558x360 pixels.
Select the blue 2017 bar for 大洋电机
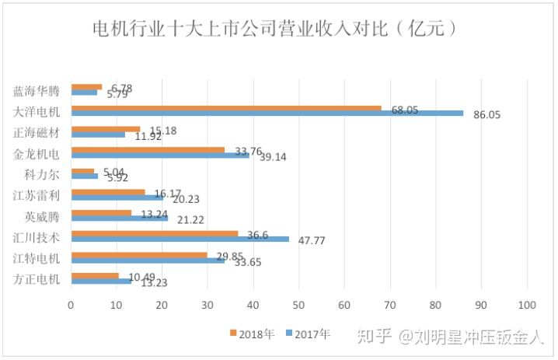click(267, 114)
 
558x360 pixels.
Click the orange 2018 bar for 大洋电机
click(225, 108)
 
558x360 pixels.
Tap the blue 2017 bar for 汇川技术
click(180, 239)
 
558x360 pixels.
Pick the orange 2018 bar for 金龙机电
click(148, 150)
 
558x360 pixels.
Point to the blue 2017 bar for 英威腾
click(119, 218)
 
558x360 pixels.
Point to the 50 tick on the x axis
click(299, 305)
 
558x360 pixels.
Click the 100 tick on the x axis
click(528, 305)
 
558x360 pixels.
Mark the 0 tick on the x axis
click(71, 305)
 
